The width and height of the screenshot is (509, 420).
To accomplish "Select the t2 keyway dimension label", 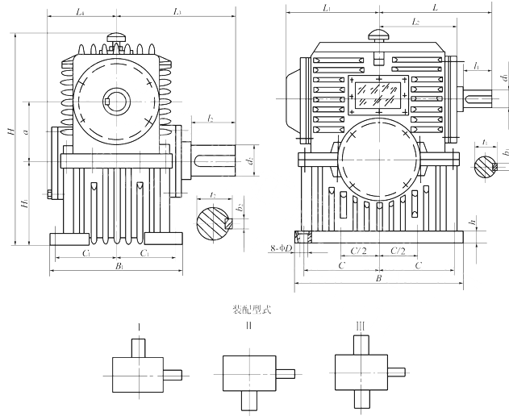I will click(211, 195).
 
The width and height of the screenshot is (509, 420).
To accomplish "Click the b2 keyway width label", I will click(240, 208).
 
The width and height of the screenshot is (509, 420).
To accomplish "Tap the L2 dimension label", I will click(415, 22).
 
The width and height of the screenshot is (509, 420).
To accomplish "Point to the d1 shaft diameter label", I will click(502, 78).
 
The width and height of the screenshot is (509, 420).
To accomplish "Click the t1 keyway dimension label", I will click(483, 142).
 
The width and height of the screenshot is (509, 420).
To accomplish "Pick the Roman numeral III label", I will click(360, 326).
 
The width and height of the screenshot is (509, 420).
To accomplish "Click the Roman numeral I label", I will click(140, 326).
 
